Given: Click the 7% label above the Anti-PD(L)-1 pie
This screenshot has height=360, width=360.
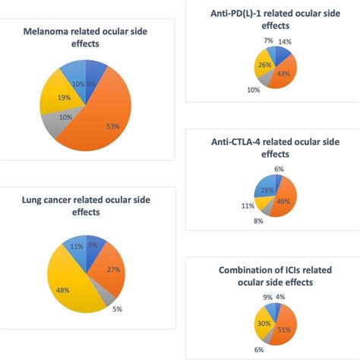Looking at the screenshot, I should click(269, 40).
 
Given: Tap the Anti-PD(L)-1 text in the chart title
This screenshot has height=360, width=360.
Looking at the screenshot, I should click(242, 14).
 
